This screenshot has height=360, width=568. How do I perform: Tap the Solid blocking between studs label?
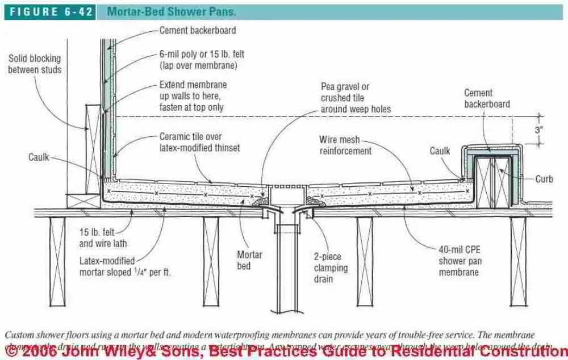[35, 64]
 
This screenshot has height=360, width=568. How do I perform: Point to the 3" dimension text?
[538, 129]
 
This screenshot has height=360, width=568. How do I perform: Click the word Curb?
[544, 179]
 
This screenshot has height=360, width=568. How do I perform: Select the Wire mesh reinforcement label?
[345, 145]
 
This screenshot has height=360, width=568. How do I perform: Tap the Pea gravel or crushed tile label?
[352, 98]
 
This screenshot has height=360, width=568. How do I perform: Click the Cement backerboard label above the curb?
[487, 98]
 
